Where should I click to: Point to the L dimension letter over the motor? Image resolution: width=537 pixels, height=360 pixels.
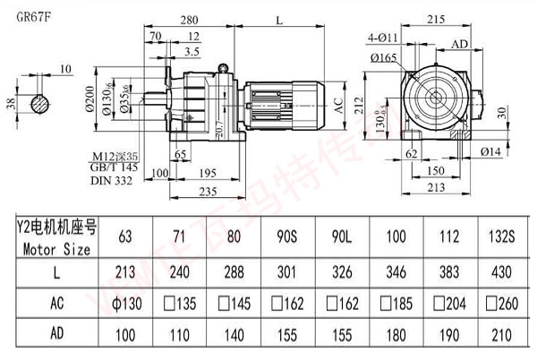(281, 19)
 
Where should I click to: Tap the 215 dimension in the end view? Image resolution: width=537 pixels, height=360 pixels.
(434, 18)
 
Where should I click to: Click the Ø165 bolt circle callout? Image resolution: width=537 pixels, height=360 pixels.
(384, 58)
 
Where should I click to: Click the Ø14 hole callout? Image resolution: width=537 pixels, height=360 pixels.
(490, 153)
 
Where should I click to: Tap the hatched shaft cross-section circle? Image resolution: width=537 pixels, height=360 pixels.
(39, 103)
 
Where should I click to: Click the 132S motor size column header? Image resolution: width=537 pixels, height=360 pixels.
(503, 236)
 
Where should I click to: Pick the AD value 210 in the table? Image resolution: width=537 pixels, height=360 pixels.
(503, 336)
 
